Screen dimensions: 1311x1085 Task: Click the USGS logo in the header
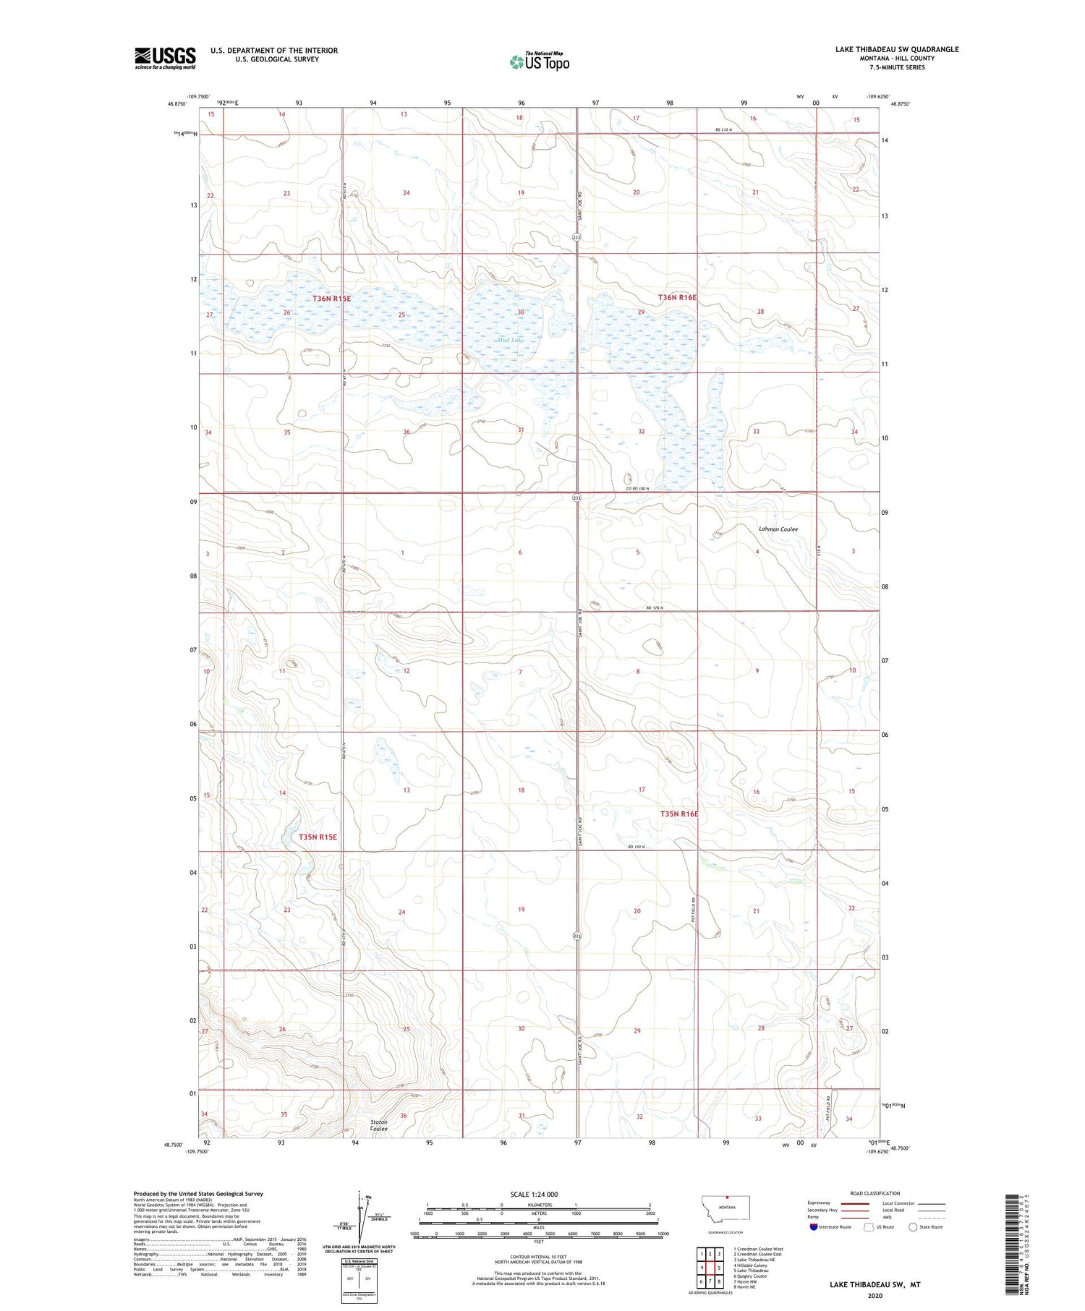click(x=165, y=58)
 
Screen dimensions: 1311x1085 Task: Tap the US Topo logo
click(x=539, y=61)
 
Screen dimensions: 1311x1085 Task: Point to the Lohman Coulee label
click(x=778, y=529)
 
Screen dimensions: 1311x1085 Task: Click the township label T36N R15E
click(x=331, y=299)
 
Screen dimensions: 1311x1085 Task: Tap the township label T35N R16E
click(x=679, y=813)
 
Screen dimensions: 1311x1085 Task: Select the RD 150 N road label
click(x=637, y=847)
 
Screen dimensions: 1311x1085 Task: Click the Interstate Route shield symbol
click(x=814, y=1227)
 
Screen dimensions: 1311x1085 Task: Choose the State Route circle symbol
click(x=913, y=1227)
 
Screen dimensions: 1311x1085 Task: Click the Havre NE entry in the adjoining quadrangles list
click(x=744, y=1287)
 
